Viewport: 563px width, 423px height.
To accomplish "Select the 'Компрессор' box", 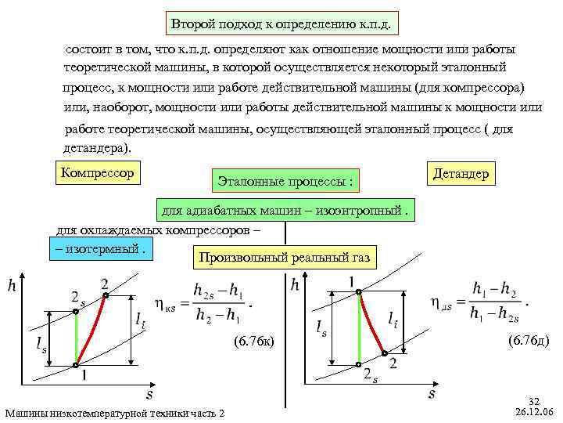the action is tap(98, 170).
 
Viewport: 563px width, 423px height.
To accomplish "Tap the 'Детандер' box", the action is tap(461, 173).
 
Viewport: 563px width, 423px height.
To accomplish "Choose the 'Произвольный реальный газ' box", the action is tap(285, 256).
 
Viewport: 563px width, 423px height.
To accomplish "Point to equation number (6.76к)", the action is tap(254, 341).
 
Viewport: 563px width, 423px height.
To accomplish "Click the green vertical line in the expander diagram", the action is tap(359, 329).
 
